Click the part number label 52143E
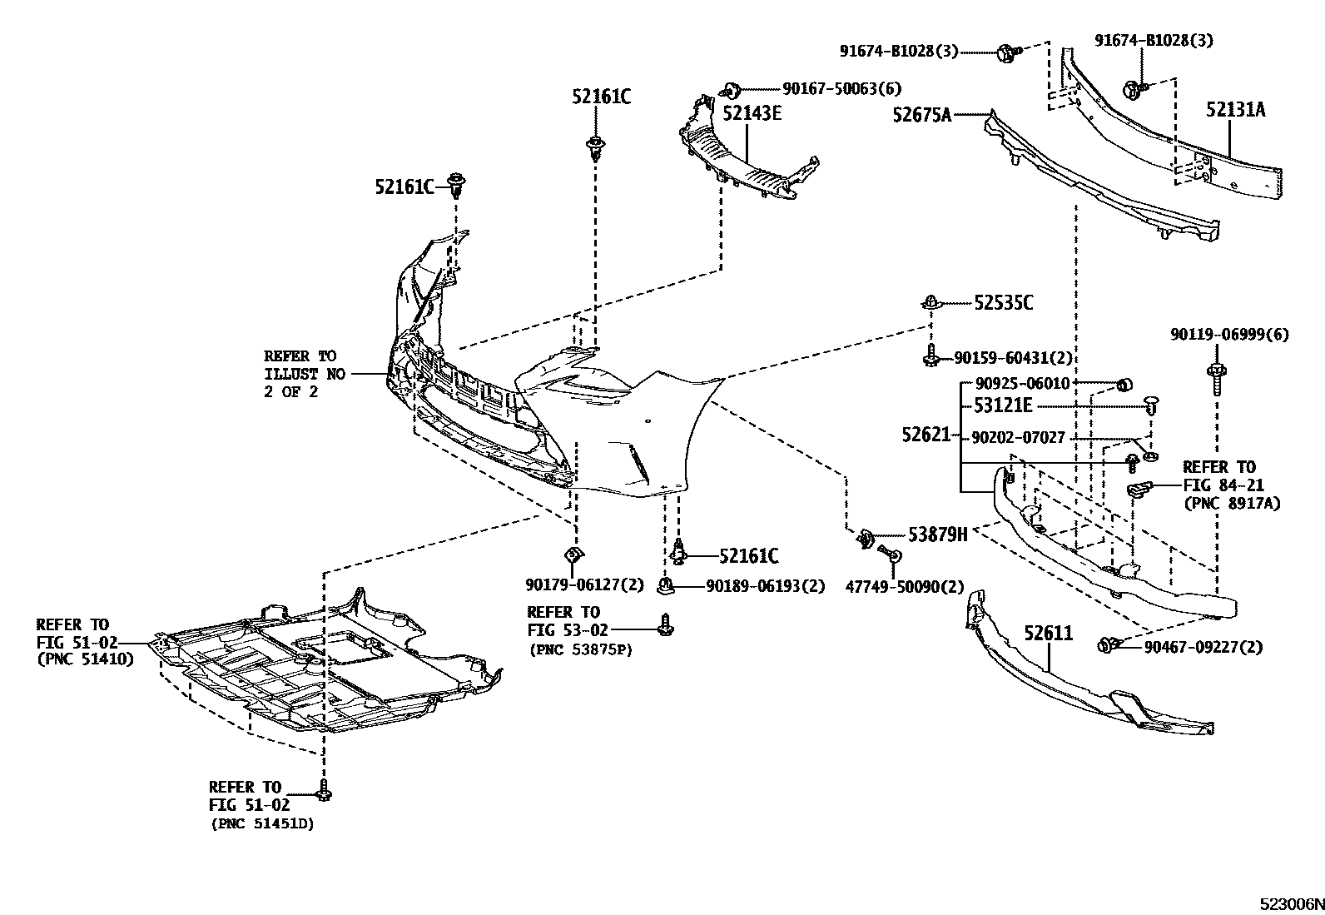752,114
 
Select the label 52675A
921,115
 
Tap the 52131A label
1236,109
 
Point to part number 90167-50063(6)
841,88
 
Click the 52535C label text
1004,303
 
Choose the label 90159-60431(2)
1013,359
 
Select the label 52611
1048,634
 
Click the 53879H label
937,535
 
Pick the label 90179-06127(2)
584,585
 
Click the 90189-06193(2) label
765,587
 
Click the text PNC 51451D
262,824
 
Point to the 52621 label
926,435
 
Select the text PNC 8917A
1231,503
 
